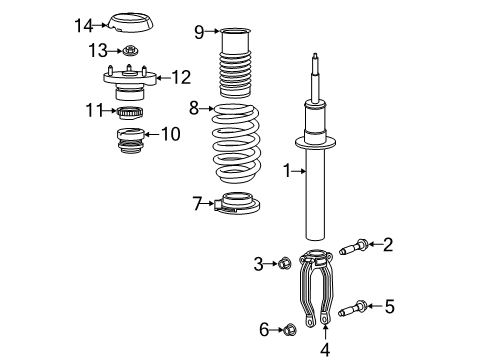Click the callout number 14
click(86, 25)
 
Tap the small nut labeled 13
click(130, 50)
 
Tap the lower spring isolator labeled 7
click(238, 204)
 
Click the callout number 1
click(287, 173)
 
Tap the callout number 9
click(198, 33)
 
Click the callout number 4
click(323, 349)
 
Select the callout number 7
click(196, 205)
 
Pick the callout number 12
click(181, 77)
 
